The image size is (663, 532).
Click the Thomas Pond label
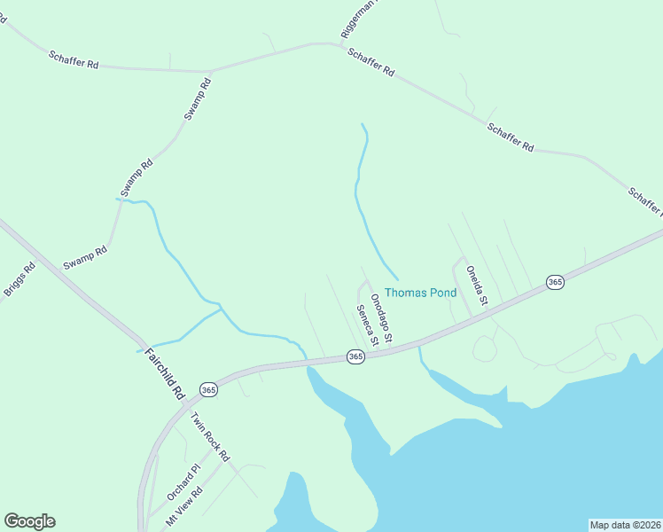tap(420, 293)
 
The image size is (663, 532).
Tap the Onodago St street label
tap(381, 316)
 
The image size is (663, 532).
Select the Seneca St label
tap(368, 325)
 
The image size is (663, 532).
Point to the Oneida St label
tap(478, 286)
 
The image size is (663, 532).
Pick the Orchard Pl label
tap(184, 480)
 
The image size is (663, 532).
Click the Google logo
tap(29, 521)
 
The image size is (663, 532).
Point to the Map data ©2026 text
tap(625, 525)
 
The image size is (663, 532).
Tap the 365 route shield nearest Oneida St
tap(555, 282)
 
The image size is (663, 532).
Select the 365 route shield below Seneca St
tap(355, 356)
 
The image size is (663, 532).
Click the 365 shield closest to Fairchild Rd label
tap(208, 389)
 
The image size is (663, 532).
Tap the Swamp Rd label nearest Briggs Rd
tap(85, 258)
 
